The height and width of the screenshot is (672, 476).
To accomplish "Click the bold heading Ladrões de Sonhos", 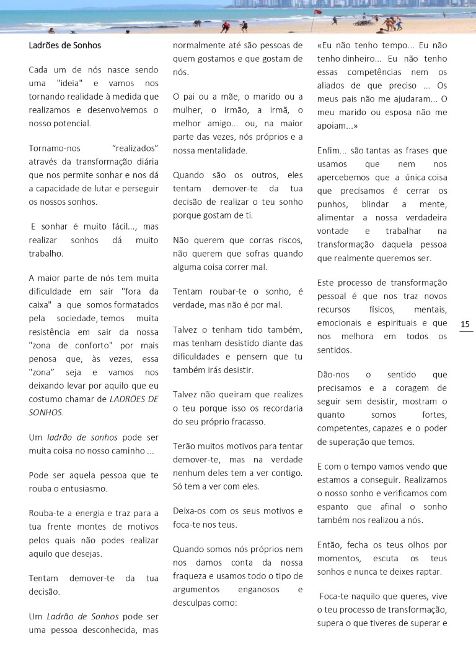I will [64, 45].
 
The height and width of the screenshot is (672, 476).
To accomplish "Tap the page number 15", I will [465, 324].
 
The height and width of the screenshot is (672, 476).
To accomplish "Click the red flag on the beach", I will [318, 12].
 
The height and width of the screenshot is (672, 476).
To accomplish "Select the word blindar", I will [381, 204].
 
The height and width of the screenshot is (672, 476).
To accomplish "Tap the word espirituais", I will [394, 322].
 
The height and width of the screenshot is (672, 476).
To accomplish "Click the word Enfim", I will [330, 150].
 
